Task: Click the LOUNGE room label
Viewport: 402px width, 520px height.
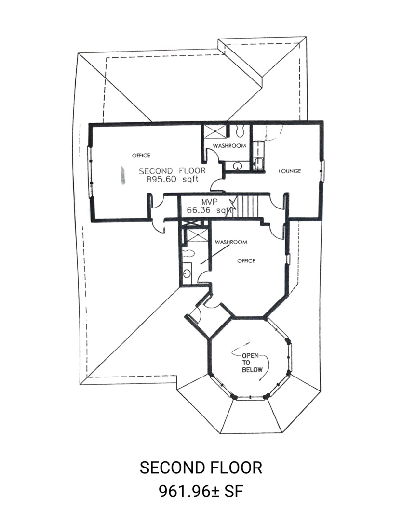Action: point(290,171)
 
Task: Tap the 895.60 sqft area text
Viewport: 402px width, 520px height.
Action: point(172,180)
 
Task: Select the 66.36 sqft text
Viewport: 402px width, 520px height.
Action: point(209,210)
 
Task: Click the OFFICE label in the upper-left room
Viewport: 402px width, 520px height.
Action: point(141,155)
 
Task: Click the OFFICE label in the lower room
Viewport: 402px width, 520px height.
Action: point(246,260)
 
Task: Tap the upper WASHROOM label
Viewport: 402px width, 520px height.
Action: point(229,145)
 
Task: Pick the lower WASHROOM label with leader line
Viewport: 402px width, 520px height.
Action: point(231,242)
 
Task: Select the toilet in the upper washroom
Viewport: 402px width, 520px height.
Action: point(240,130)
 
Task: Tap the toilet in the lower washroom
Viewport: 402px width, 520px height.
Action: point(189,253)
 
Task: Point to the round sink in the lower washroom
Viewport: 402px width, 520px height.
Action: point(187,273)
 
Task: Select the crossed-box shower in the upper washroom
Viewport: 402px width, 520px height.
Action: point(215,130)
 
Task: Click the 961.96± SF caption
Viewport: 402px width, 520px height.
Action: point(201,491)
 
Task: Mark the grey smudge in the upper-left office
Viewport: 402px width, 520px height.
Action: point(123,175)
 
